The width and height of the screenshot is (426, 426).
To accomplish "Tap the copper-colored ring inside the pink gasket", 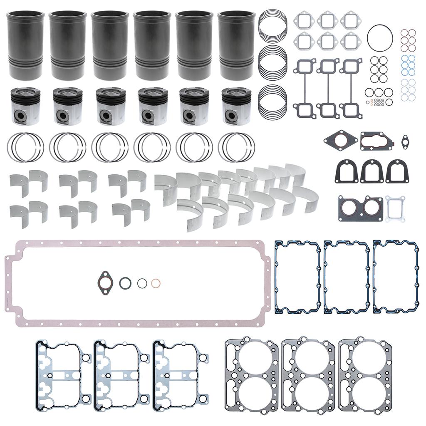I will (156, 283).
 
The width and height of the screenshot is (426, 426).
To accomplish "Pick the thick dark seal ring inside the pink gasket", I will (125, 283).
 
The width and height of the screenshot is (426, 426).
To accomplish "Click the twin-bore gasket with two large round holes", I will (360, 208).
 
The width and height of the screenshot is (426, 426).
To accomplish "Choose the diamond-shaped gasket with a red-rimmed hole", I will (341, 141).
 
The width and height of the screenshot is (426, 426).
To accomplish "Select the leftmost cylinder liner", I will (26, 45).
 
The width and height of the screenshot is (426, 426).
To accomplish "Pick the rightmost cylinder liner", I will (236, 45).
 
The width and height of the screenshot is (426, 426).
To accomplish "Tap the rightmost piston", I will (236, 106).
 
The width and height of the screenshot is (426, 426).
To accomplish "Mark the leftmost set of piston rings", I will (25, 147).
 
